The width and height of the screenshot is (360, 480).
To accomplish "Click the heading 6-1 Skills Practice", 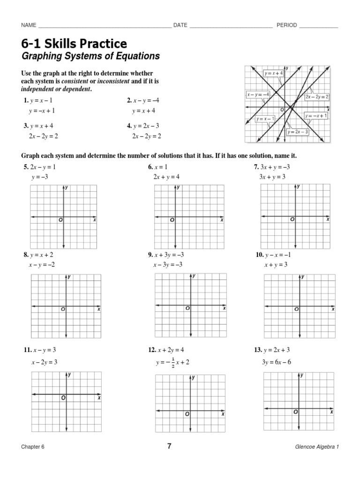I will pyautogui.click(x=74, y=44).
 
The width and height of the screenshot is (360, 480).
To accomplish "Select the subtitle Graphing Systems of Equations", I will pyautogui.click(x=90, y=56).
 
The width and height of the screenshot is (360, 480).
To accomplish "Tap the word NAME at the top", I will pyautogui.click(x=29, y=25).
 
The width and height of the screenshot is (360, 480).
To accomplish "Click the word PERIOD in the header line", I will pyautogui.click(x=286, y=25).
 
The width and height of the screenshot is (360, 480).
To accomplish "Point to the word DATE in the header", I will pyautogui.click(x=180, y=25).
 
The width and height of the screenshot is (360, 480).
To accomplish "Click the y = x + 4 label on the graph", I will pyautogui.click(x=274, y=73).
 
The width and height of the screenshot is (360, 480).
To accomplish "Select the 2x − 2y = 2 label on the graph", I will pyautogui.click(x=317, y=96).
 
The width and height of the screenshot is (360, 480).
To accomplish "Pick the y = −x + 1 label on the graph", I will pyautogui.click(x=316, y=115).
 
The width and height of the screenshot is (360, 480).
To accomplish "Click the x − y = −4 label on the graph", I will pyautogui.click(x=258, y=94).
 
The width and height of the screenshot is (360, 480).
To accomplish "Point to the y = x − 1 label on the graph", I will pyautogui.click(x=265, y=119).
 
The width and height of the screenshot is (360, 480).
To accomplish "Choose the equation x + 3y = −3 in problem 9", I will pyautogui.click(x=168, y=255).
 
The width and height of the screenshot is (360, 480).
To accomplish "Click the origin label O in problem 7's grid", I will pyautogui.click(x=292, y=219).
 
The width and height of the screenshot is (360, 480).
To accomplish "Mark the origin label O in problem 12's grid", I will pyautogui.click(x=187, y=414).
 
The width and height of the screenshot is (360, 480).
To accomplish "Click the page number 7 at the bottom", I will pyautogui.click(x=169, y=446).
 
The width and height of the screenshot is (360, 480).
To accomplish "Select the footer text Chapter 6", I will pyautogui.click(x=32, y=447).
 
